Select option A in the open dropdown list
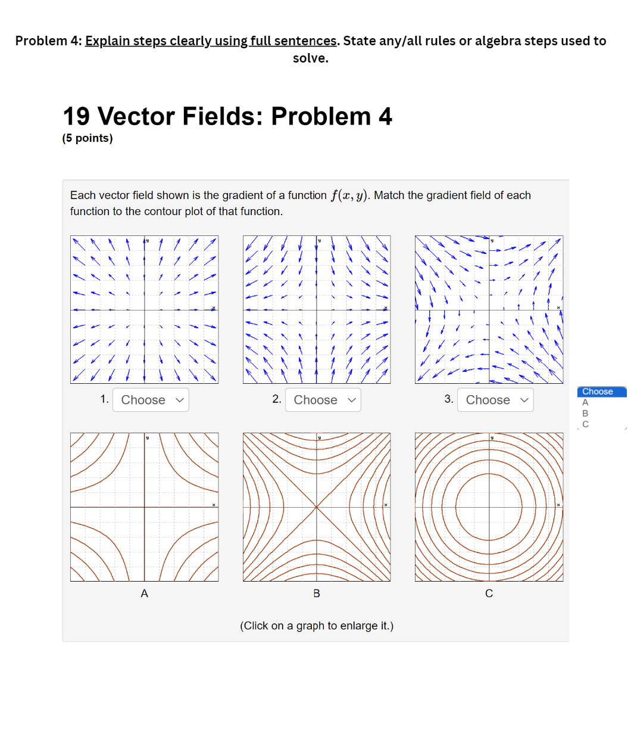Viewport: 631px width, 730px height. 585,403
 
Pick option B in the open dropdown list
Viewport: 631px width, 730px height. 585,414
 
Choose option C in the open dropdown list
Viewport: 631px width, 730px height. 585,424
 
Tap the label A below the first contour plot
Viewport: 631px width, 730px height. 144,594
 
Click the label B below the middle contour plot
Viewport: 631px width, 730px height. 317,594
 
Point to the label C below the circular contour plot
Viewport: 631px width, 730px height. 489,594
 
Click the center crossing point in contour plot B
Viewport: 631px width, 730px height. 317,507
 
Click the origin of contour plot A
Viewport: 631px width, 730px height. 144,507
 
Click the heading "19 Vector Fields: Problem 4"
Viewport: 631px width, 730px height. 227,116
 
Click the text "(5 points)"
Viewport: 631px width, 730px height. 88,138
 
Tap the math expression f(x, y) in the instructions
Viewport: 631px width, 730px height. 349,195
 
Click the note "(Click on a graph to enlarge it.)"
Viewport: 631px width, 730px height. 317,626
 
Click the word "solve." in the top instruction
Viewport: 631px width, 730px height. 310,58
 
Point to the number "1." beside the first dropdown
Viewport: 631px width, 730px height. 104,399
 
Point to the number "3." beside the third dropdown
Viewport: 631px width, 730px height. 449,399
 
